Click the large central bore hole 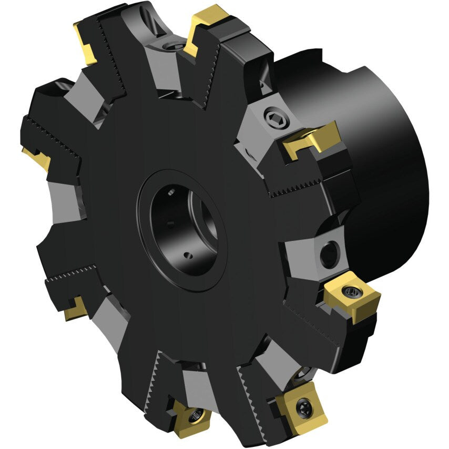click(x=181, y=229)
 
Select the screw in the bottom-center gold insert click(x=196, y=415)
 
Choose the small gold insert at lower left click(x=76, y=309)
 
